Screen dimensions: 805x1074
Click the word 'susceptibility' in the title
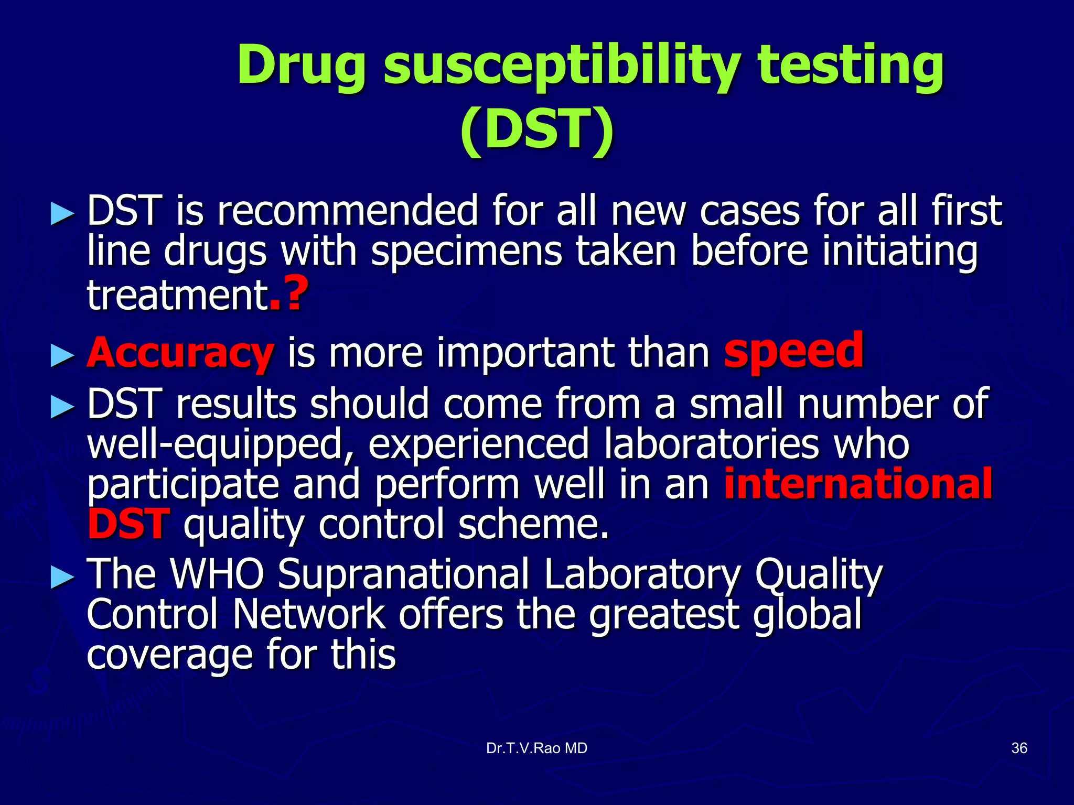561,67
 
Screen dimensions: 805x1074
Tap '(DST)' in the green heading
536,129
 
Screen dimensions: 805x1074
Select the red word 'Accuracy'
180,353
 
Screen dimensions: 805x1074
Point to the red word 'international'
858,484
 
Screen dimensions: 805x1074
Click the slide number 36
1018,748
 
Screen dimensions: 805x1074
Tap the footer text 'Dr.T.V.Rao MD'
536,748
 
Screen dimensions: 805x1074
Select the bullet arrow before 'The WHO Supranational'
62,578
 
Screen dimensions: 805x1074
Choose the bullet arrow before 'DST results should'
62,408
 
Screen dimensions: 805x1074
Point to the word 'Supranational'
403,575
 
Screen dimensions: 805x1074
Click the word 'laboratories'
711,444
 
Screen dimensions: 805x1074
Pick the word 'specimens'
466,252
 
